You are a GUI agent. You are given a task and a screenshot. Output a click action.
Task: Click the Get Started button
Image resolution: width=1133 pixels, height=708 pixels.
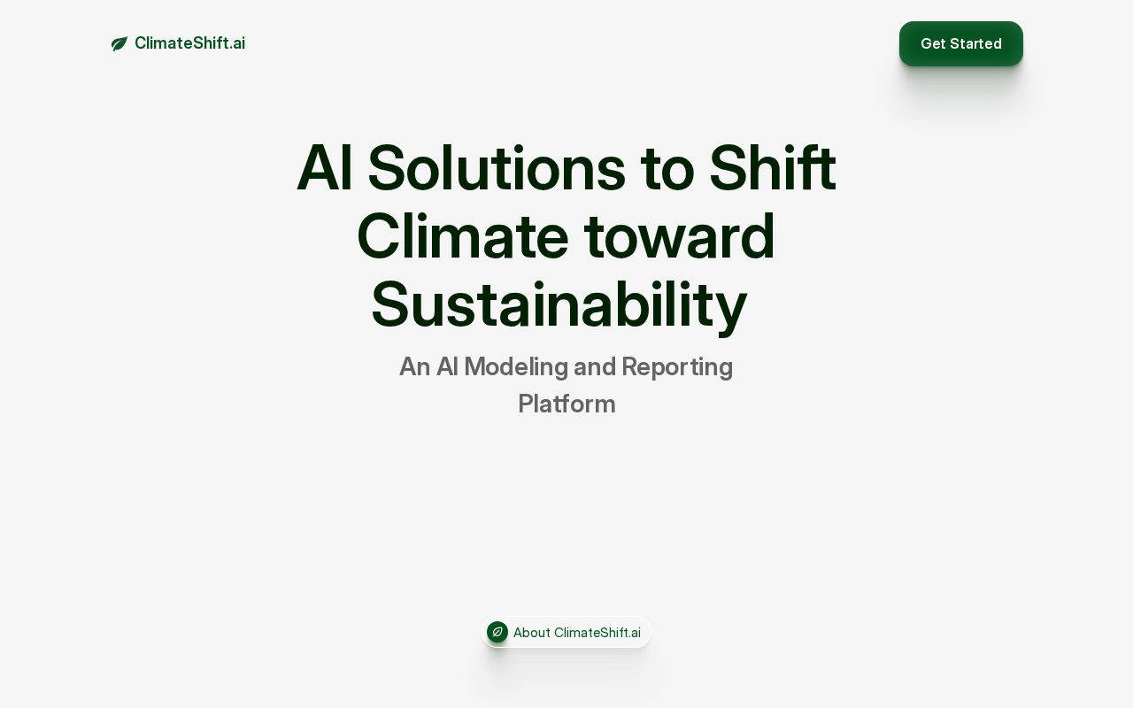point(961,43)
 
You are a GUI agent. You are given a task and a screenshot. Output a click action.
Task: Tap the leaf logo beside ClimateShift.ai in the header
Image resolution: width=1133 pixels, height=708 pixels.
point(119,43)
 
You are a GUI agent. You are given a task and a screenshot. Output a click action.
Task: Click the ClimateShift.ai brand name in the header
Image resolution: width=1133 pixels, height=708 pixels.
point(189,43)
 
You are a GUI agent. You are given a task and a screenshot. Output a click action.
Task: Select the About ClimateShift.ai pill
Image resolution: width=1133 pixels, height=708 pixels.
point(566,632)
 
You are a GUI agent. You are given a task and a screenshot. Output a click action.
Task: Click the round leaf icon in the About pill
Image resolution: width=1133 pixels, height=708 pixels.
point(497,632)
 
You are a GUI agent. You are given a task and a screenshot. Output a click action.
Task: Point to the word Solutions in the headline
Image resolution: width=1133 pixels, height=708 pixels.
point(497,168)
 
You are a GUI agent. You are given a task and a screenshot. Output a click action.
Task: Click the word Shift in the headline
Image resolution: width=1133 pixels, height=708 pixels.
point(773,167)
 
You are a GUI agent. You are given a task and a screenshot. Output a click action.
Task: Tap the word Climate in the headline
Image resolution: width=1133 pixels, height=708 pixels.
point(463,236)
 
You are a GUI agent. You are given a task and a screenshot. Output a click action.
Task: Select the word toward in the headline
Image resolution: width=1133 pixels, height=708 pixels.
point(679,236)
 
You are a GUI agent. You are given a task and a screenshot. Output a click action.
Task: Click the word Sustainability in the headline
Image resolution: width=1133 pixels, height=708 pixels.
point(559,305)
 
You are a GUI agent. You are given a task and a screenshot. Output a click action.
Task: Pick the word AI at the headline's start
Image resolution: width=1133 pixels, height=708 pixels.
point(324,168)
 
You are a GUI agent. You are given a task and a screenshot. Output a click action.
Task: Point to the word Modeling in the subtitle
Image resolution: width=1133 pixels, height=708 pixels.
point(516,367)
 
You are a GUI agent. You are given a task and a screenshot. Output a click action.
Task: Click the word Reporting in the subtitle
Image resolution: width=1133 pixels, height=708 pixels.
point(677,367)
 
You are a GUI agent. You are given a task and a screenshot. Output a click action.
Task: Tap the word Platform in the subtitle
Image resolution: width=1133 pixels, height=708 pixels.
point(566,404)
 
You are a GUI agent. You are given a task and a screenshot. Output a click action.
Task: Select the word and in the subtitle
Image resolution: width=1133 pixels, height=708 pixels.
point(595,367)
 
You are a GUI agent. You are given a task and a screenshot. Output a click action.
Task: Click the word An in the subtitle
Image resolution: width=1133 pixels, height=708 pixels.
point(415,367)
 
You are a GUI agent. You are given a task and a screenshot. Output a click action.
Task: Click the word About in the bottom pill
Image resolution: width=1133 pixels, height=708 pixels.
point(532,633)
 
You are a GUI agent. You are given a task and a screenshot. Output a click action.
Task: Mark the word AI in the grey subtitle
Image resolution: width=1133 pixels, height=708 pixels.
point(448,367)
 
